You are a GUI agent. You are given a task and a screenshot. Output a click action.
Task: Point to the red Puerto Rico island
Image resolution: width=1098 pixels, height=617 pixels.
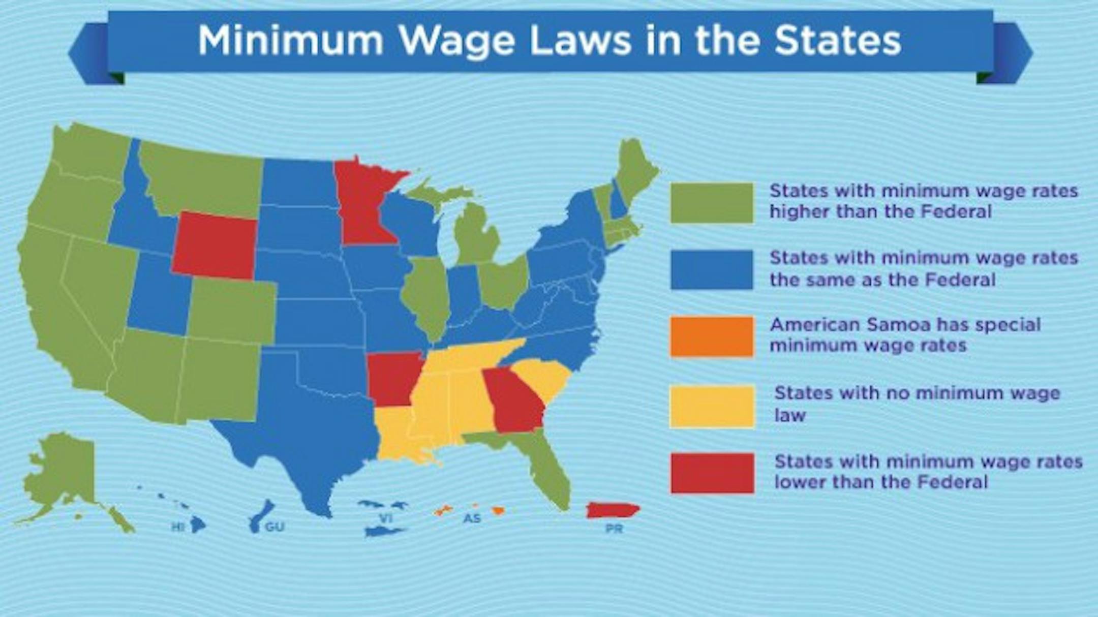pos(613,510)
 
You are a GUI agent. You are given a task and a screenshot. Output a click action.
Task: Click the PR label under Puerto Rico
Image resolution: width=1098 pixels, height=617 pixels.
pos(614,529)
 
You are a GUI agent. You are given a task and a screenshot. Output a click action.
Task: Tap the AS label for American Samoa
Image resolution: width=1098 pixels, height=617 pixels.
pos(472,519)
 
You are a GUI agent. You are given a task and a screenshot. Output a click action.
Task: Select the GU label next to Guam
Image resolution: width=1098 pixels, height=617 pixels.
pos(274,527)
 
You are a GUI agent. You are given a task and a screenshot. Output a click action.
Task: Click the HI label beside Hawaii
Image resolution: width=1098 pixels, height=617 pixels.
pos(177,527)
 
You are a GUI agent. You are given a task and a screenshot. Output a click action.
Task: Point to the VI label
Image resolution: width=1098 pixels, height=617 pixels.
pos(386,518)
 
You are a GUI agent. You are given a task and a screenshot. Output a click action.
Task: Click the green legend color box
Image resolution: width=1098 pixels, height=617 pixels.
pos(712,203)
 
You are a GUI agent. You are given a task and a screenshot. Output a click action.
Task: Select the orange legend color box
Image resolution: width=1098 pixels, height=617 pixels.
pos(712,336)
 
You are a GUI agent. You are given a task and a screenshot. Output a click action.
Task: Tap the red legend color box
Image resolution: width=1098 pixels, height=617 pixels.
pos(712,473)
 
